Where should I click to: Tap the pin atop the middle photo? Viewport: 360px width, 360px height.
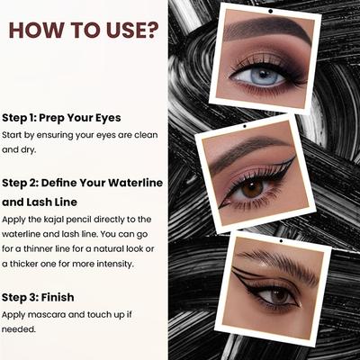252,124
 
